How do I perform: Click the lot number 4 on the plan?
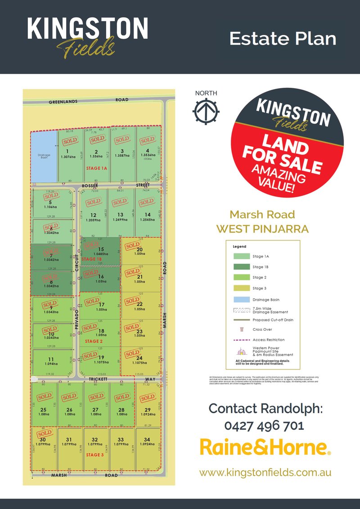pyautogui.click(x=148, y=151)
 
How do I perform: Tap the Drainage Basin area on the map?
pyautogui.click(x=43, y=155)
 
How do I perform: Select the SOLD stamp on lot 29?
pyautogui.click(x=148, y=399)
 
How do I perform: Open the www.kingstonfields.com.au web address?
pyautogui.click(x=265, y=473)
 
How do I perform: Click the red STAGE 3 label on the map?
pyautogui.click(x=95, y=455)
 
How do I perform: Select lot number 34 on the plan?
pyautogui.click(x=147, y=440)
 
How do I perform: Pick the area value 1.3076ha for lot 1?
pyautogui.click(x=67, y=157)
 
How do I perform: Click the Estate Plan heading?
pyautogui.click(x=283, y=38)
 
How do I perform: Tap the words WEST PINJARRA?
pyautogui.click(x=262, y=229)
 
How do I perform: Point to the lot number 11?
pyautogui.click(x=50, y=359)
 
